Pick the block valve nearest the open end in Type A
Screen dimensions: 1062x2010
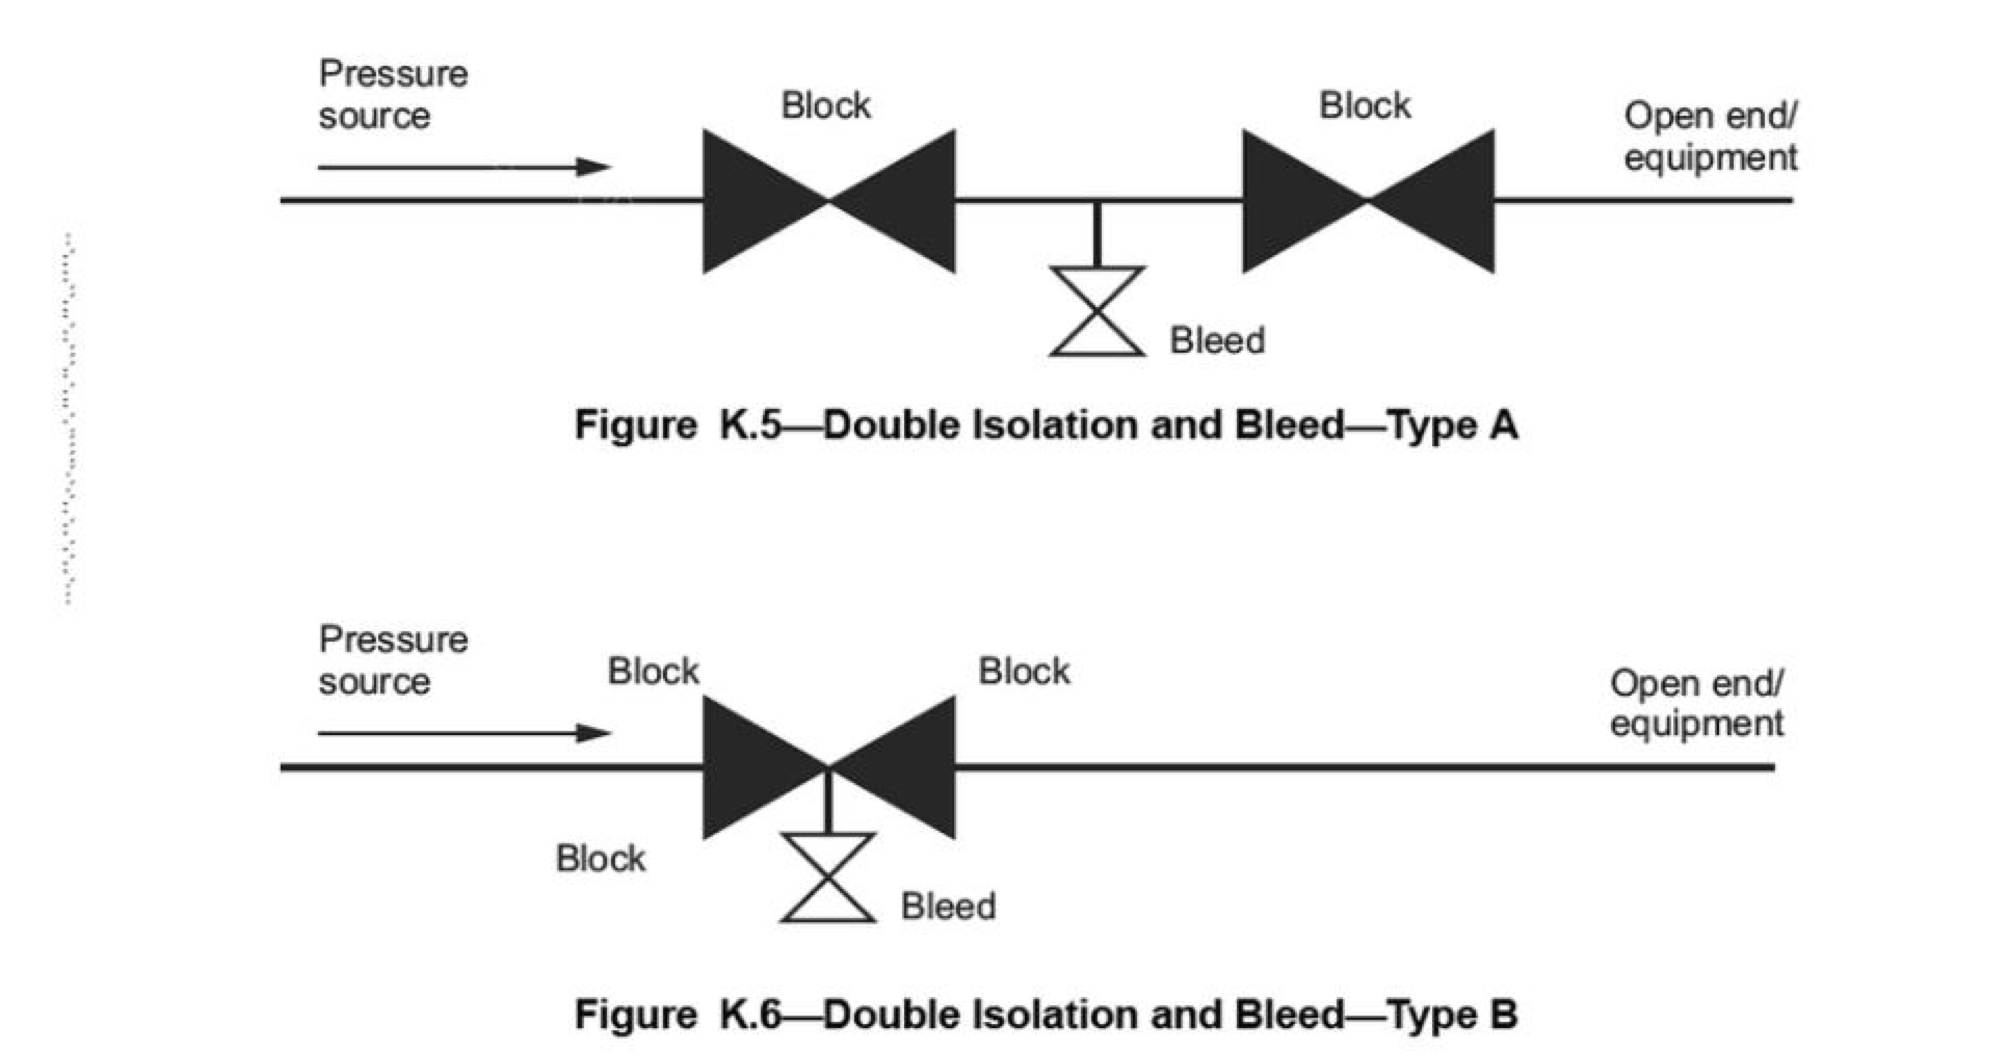(x=1368, y=201)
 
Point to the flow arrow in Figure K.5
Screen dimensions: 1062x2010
(x=464, y=166)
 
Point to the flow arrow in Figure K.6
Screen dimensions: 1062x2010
(x=464, y=733)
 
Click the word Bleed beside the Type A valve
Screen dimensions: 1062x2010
(x=1216, y=341)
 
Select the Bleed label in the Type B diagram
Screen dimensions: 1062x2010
(x=948, y=907)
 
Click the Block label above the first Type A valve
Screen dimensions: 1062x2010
(x=826, y=105)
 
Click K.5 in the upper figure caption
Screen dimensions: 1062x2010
(x=749, y=425)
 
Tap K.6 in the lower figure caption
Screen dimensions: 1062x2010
(x=749, y=1014)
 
